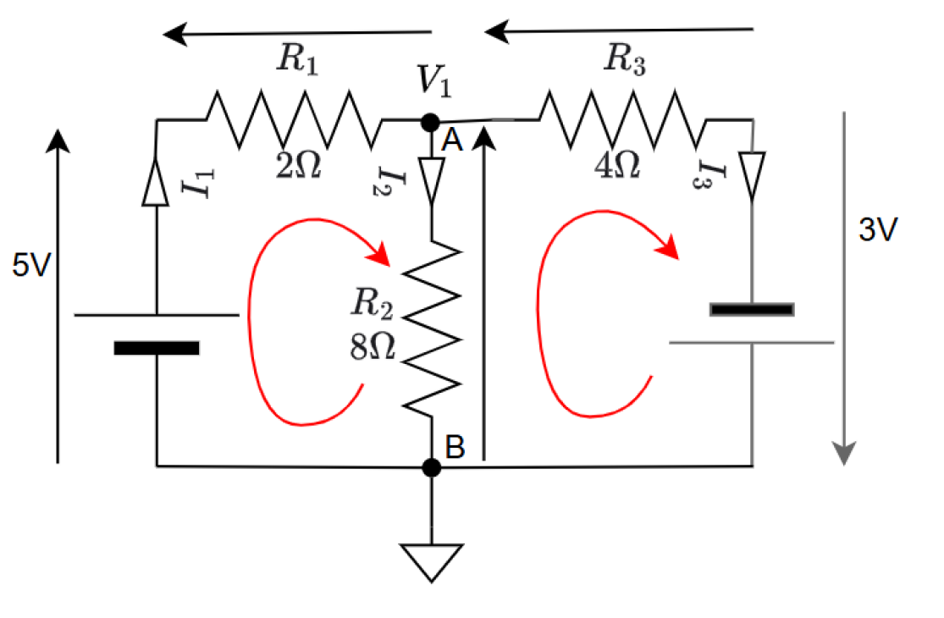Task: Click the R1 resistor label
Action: [297, 60]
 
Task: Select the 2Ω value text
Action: [298, 165]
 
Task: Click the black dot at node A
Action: [431, 123]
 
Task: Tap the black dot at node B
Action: [431, 466]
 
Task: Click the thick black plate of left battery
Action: [157, 348]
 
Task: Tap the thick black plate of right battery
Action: [752, 309]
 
